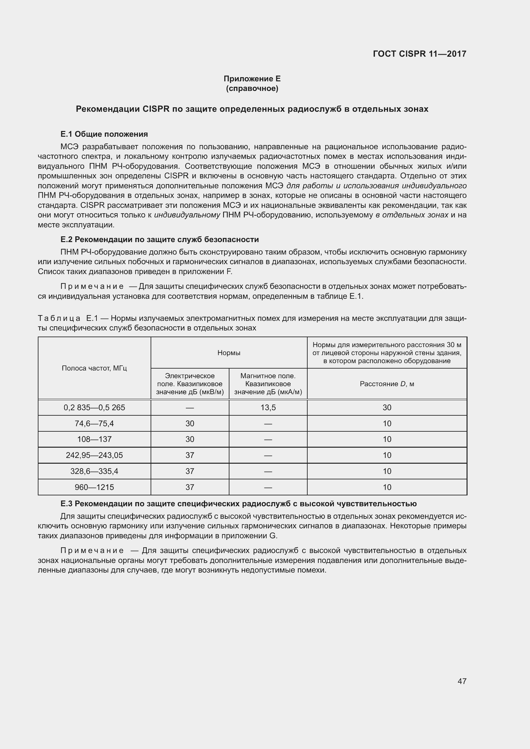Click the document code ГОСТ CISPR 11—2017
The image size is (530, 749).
click(x=419, y=54)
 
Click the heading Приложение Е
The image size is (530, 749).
click(x=252, y=79)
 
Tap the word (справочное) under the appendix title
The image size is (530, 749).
click(x=252, y=88)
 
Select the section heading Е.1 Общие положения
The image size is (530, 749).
click(x=104, y=134)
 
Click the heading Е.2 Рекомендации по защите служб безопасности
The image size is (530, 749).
click(x=160, y=240)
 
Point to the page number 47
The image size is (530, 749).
click(x=462, y=681)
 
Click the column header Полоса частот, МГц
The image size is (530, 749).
click(x=94, y=368)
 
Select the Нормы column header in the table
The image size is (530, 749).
click(x=229, y=353)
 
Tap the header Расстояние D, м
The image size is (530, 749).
click(x=387, y=384)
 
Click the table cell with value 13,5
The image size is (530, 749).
click(x=268, y=407)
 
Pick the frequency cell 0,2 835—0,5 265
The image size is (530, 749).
click(x=94, y=407)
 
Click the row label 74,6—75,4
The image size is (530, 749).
click(x=94, y=423)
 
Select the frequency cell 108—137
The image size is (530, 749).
click(x=94, y=439)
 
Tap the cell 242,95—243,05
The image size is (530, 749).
click(x=94, y=455)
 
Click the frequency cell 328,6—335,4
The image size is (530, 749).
click(x=94, y=471)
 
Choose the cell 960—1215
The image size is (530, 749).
click(x=94, y=487)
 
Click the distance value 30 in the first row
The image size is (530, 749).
click(x=387, y=407)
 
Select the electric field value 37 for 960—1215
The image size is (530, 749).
click(x=190, y=487)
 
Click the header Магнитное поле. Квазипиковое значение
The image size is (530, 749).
click(x=268, y=384)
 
